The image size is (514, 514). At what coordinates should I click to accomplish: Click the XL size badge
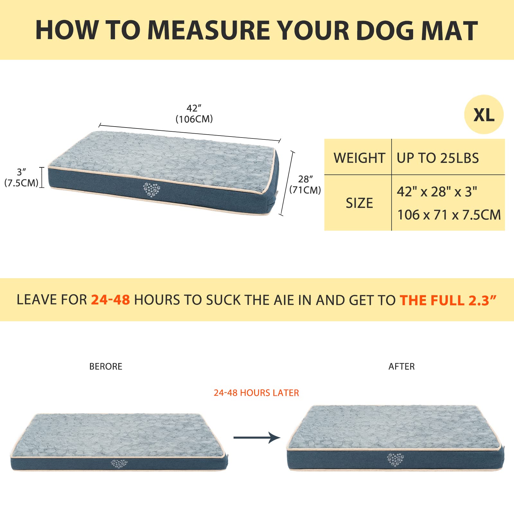tap(483, 115)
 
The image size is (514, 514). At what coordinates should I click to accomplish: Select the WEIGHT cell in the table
tap(359, 158)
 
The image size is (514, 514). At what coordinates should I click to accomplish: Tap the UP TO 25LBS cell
tap(438, 158)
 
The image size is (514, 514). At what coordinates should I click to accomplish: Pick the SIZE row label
tap(359, 203)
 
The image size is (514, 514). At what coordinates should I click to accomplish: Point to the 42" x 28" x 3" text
tap(437, 192)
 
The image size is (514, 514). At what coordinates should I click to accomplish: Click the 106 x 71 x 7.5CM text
tap(449, 215)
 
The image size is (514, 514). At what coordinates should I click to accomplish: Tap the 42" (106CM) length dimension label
tap(194, 114)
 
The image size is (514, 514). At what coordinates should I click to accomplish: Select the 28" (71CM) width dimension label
tap(305, 184)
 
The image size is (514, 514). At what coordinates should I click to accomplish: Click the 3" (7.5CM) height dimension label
tap(21, 177)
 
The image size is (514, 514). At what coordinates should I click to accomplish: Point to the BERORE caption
tap(106, 367)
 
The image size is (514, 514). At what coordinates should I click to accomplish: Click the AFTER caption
tap(402, 367)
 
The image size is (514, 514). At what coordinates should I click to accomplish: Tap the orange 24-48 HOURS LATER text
tap(256, 393)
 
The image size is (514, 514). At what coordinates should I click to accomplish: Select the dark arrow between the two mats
tap(257, 438)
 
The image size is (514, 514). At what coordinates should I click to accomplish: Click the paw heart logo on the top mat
tap(151, 190)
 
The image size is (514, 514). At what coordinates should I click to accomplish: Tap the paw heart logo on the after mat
tap(395, 459)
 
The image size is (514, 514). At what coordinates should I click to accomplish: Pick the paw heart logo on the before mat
tap(119, 464)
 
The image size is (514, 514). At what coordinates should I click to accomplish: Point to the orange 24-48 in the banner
tap(111, 300)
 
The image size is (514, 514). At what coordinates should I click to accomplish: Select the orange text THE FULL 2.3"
tap(448, 300)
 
